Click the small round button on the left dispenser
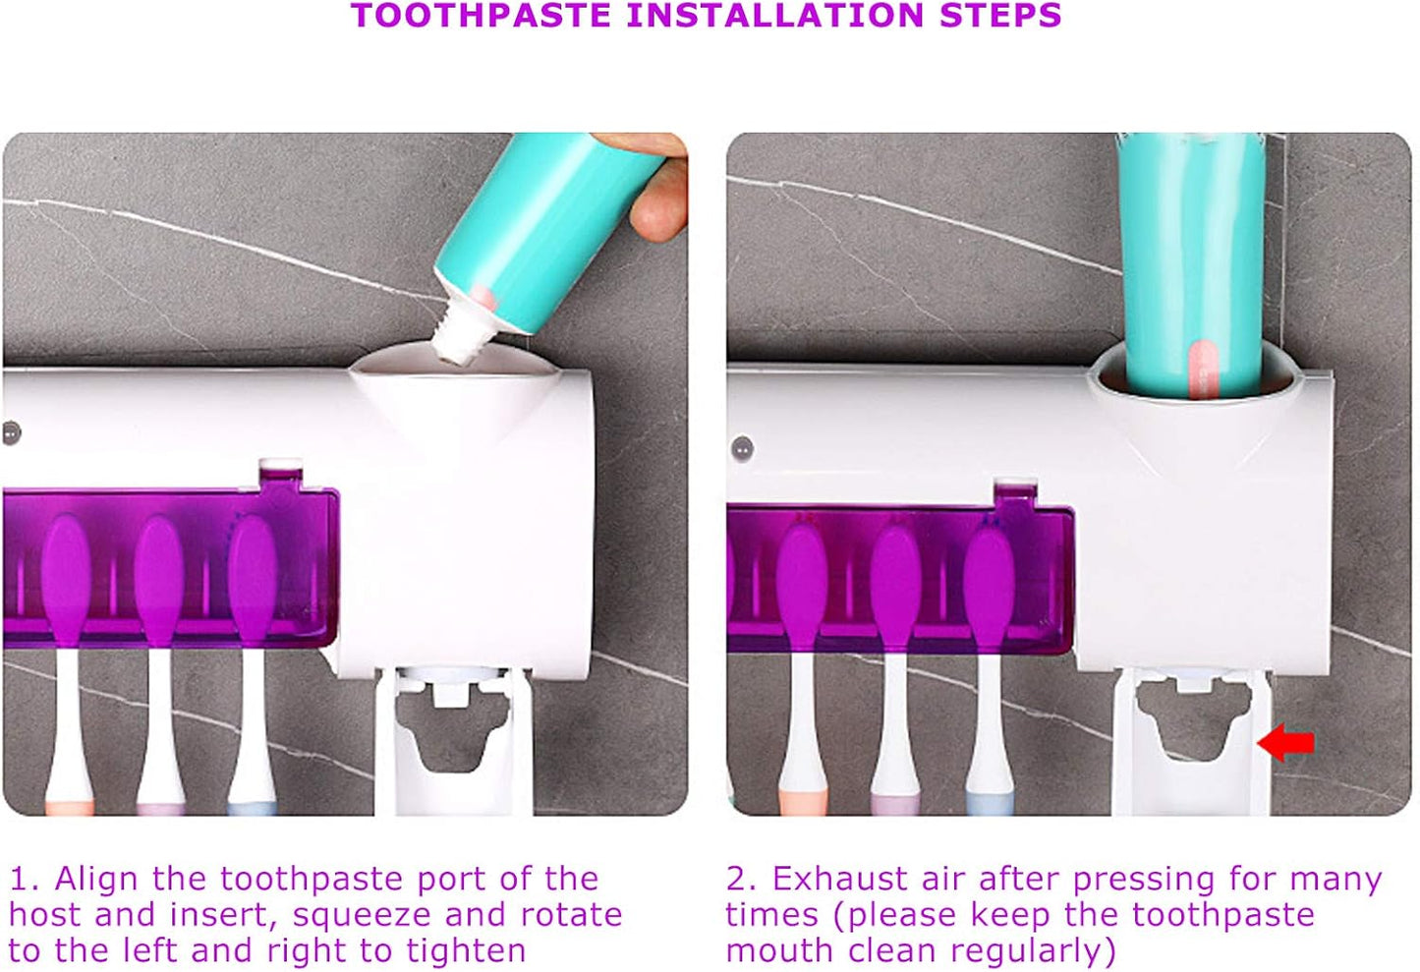click(11, 432)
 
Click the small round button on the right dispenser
click(743, 449)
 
